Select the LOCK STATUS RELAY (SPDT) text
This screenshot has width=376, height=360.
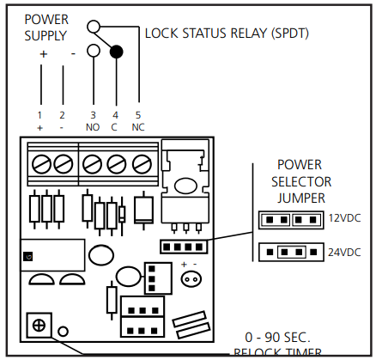[x=227, y=34]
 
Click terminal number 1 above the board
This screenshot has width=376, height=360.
[x=39, y=114]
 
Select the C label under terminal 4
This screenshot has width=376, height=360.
[x=114, y=127]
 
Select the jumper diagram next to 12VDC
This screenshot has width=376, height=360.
[x=289, y=219]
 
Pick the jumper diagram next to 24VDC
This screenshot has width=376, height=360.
[x=289, y=253]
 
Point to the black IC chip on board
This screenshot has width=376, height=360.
[x=52, y=255]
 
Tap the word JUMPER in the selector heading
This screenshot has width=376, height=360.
[x=300, y=197]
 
